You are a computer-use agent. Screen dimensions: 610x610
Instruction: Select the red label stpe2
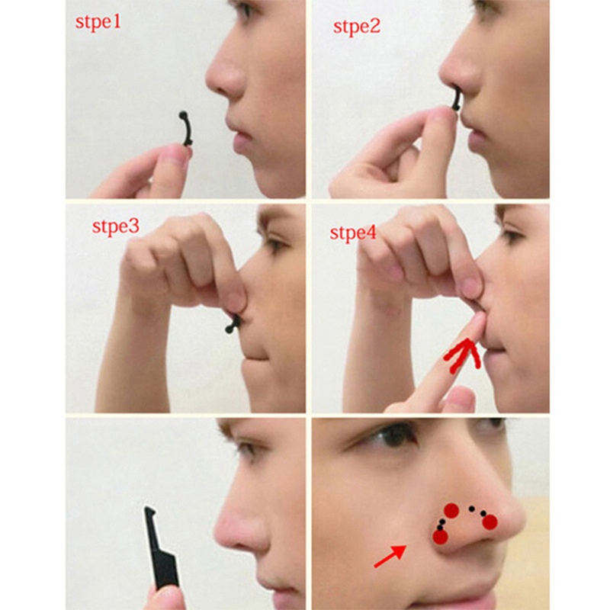click(356, 27)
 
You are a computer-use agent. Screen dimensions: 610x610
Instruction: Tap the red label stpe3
click(117, 227)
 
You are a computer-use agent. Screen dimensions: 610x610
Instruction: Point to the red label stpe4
click(353, 232)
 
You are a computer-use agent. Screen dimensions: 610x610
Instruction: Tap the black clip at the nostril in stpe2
click(456, 99)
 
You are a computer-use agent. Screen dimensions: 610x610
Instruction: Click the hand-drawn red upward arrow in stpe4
click(462, 356)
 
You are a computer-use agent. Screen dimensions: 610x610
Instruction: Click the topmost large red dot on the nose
click(451, 510)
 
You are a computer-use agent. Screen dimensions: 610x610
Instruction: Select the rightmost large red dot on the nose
click(490, 522)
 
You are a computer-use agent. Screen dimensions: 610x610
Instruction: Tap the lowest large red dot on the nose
click(440, 537)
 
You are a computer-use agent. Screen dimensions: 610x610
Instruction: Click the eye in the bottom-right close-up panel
click(396, 436)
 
